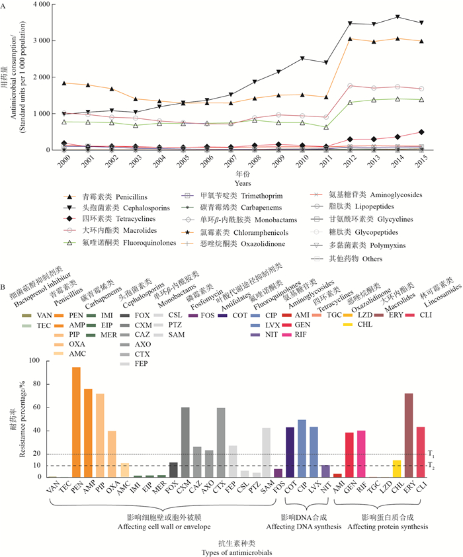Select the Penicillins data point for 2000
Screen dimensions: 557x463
[x=64, y=83]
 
